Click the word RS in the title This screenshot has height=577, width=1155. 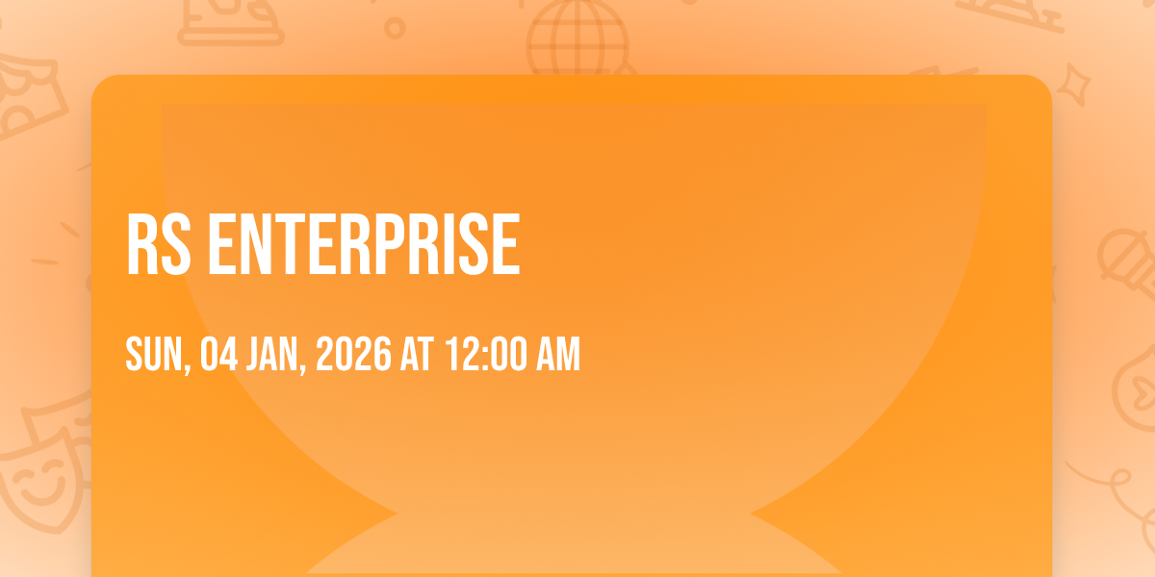point(158,244)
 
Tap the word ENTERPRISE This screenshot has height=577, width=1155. point(364,244)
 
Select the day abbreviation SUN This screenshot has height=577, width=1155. point(158,354)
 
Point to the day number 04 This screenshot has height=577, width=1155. point(219,354)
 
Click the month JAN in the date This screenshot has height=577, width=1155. point(276,354)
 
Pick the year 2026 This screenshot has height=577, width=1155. point(354,354)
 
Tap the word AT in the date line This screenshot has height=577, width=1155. point(417,354)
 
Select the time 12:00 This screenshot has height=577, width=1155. point(488,354)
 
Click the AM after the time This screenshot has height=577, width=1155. point(558,354)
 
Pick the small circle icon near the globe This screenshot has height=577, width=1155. point(395,28)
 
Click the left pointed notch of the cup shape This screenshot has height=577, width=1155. point(397,514)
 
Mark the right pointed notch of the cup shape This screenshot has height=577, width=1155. point(751,514)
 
